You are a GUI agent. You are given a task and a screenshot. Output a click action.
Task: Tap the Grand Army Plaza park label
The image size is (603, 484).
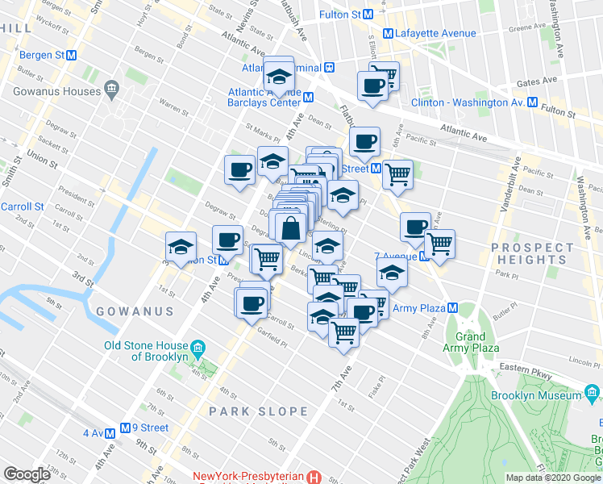click(x=470, y=342)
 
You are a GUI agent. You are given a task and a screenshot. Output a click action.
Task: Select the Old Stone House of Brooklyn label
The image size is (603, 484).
click(x=146, y=351)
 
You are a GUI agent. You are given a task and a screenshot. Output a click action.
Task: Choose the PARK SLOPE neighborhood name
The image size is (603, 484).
click(x=258, y=411)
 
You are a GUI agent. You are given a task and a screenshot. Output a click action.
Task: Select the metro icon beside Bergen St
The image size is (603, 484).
click(x=71, y=56)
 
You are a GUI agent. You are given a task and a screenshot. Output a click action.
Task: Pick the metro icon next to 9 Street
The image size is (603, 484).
click(x=126, y=428)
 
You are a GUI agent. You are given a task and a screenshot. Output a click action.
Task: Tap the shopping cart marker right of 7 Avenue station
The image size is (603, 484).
click(x=439, y=243)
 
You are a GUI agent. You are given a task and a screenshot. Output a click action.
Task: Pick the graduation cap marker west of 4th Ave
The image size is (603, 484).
click(x=181, y=245)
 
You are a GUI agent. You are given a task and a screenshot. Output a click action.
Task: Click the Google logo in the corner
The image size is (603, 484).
click(x=27, y=474)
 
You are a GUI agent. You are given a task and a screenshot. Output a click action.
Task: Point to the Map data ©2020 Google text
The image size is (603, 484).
click(x=553, y=478)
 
